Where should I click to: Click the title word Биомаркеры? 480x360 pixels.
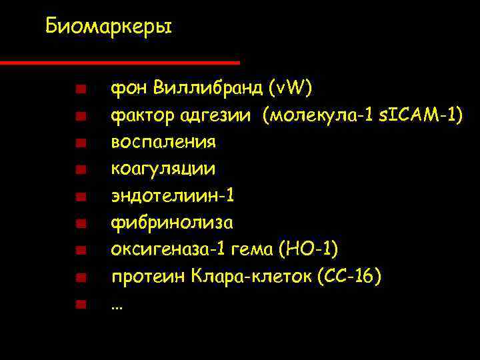pyautogui.click(x=109, y=27)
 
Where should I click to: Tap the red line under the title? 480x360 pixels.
pyautogui.click(x=120, y=63)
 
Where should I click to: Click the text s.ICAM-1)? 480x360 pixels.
pyautogui.click(x=421, y=115)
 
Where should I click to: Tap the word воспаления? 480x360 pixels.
pyautogui.click(x=163, y=143)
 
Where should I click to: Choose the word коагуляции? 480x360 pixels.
pyautogui.click(x=163, y=169)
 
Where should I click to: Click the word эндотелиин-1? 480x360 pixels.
pyautogui.click(x=173, y=196)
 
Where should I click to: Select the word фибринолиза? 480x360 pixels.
pyautogui.click(x=172, y=223)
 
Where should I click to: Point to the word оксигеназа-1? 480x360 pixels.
pyautogui.click(x=167, y=249)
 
